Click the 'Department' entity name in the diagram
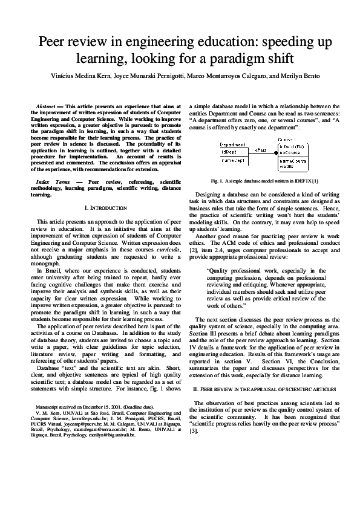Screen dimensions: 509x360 tap(233, 145)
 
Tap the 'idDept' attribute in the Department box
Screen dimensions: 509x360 tap(227, 152)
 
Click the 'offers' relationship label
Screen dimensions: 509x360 tap(261, 149)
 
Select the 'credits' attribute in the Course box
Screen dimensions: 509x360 tap(287, 167)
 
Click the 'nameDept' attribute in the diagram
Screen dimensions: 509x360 tap(231, 161)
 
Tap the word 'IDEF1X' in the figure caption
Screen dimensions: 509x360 tap(308, 181)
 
